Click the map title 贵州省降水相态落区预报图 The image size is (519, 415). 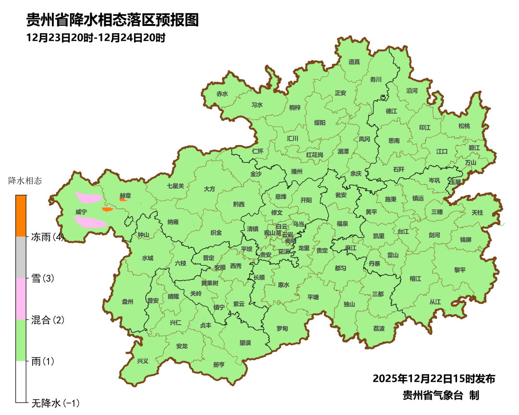coord(112,20)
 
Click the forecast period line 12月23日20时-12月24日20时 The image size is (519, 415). coord(96,37)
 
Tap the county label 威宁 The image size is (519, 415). coord(81,212)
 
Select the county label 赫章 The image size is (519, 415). coord(125,195)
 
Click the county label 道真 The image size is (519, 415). coord(354,61)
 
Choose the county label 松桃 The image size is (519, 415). coord(464,126)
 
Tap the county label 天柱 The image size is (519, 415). coord(477,212)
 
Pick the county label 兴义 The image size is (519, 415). coord(143,361)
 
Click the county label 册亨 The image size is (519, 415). coord(219,365)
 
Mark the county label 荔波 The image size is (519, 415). coord(379,329)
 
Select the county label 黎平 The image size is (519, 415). coord(460,270)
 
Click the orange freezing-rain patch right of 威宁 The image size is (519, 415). coord(107,209)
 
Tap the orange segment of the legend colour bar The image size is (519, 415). coord(21,216)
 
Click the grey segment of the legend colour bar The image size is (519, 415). coord(21,257)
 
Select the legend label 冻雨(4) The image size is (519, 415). coord(47,237)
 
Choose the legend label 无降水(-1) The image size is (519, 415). coord(55,403)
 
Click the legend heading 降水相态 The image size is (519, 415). coord(25,181)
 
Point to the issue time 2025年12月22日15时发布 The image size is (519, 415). coord(434,378)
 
